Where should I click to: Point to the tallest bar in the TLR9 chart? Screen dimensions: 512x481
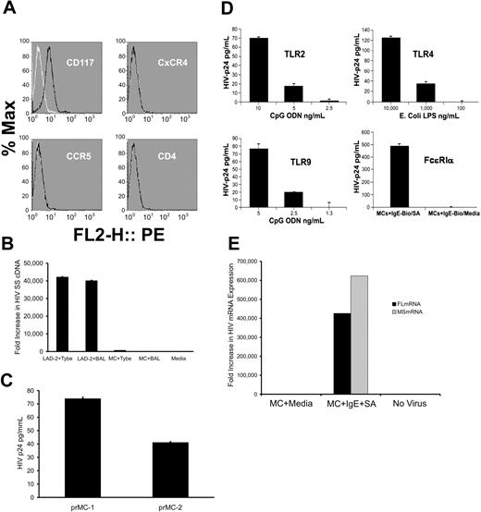click(298, 175)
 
